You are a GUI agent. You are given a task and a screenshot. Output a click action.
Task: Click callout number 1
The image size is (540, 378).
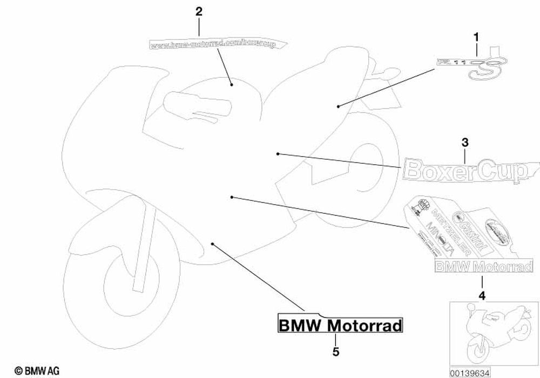[x=476, y=37]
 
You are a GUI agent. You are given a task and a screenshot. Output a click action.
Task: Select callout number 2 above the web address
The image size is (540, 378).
[x=199, y=11]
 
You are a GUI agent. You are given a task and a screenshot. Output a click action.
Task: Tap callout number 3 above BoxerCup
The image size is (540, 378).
[x=465, y=143]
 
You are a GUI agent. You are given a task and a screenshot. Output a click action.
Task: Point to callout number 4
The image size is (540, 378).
[x=482, y=295]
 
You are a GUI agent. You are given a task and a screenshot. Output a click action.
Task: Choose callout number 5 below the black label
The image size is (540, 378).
[x=336, y=352]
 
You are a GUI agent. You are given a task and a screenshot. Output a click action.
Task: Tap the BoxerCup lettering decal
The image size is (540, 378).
[x=465, y=170]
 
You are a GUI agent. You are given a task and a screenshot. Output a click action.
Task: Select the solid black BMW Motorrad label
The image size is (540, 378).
[x=340, y=326]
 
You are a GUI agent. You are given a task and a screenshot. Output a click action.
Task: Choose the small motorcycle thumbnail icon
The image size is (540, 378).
[x=489, y=332]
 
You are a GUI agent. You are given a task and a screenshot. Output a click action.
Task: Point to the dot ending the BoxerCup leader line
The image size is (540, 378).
[x=278, y=154]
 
